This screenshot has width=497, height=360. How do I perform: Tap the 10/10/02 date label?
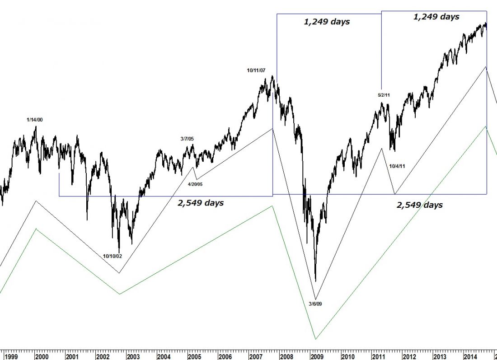tap(113, 256)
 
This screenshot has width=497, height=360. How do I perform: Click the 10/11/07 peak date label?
tap(256, 70)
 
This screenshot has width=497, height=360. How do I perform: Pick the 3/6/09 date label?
tap(315, 304)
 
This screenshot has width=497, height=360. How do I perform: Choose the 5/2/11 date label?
tap(384, 95)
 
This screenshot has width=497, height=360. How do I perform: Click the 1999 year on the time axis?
tap(11, 356)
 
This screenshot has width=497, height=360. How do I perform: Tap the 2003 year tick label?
tap(134, 356)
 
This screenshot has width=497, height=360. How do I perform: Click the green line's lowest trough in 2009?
tap(315, 339)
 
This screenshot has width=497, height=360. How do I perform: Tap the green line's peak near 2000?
tap(36, 229)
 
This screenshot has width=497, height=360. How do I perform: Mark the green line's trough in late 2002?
tap(120, 294)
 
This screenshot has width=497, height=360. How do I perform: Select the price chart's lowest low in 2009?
tap(315, 281)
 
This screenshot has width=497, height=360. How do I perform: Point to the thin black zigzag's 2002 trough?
tap(119, 273)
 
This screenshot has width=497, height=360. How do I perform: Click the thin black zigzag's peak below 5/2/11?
tap(382, 148)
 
